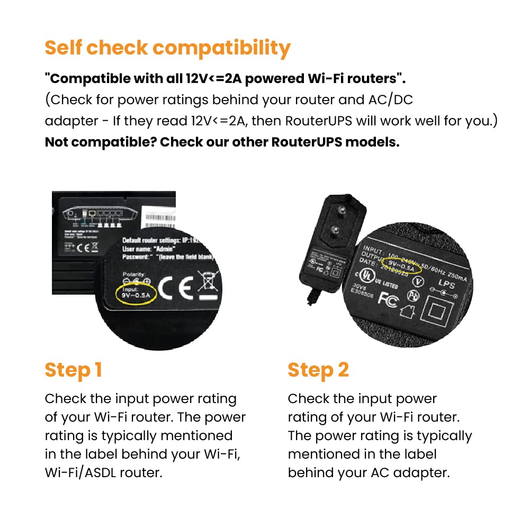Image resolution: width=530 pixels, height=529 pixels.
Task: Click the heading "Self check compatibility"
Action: click(167, 48)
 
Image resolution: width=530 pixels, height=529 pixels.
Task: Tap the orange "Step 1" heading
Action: click(73, 370)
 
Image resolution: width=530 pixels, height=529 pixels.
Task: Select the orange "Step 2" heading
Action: click(318, 370)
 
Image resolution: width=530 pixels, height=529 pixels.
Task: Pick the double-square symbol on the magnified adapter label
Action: click(439, 316)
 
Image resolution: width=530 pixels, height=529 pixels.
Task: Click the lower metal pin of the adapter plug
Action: click(335, 230)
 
